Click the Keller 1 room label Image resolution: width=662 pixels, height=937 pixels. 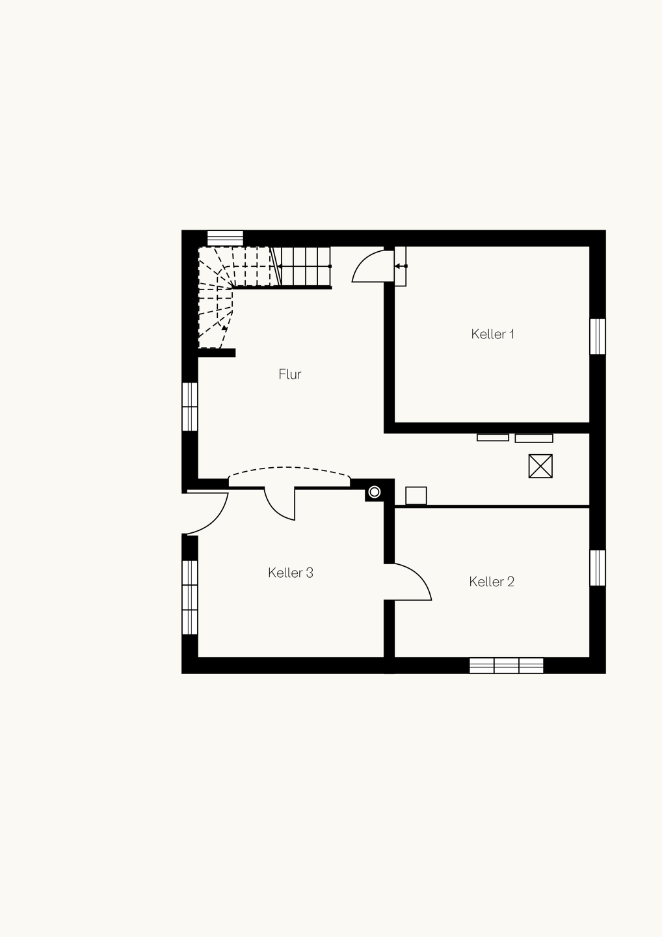[x=492, y=334]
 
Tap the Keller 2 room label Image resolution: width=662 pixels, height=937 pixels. [x=492, y=582]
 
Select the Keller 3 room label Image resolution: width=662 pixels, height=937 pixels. [x=291, y=573]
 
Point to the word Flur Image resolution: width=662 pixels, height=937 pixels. [x=289, y=374]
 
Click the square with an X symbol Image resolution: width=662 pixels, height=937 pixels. [x=540, y=466]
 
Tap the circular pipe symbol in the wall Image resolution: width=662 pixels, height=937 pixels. [x=375, y=492]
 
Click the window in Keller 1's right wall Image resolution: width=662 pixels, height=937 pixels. [x=598, y=336]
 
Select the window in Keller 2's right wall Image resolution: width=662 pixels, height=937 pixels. [x=598, y=567]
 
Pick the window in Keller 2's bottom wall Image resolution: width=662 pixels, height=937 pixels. [x=506, y=666]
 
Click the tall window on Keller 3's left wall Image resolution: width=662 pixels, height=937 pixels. [x=190, y=597]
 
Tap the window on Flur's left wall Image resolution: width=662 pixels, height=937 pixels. [x=190, y=407]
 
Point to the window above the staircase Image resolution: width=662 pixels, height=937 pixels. [x=225, y=238]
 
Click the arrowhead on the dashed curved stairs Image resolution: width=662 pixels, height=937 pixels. [x=224, y=329]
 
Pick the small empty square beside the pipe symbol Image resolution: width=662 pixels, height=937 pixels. [x=416, y=496]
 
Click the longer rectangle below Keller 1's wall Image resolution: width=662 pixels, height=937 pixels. [x=534, y=439]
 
